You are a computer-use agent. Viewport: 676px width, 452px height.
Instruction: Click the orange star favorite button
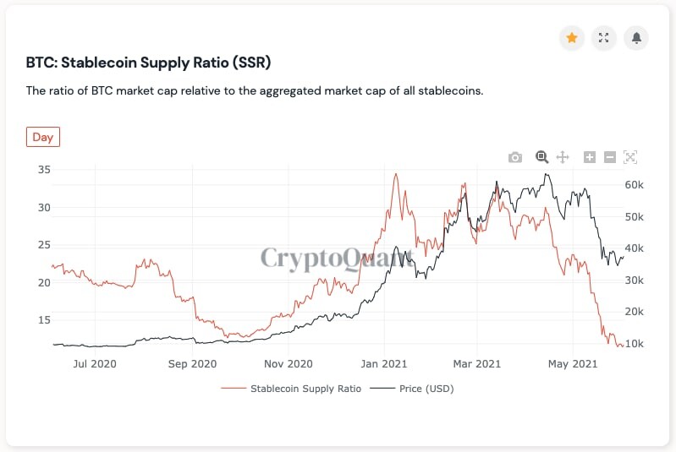[572, 38]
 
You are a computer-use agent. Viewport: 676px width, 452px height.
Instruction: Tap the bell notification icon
[636, 38]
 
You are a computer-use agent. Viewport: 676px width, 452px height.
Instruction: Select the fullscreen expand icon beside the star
[603, 38]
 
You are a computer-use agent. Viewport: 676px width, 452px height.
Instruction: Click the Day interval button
[43, 137]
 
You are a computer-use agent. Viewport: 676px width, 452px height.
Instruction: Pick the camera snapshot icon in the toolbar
[515, 157]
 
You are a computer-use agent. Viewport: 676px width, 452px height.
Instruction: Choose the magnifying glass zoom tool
[542, 157]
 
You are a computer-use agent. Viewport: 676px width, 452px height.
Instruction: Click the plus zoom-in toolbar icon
[590, 157]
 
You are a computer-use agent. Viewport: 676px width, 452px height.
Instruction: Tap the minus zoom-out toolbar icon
[610, 157]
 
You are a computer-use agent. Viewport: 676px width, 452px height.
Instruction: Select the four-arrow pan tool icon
[563, 157]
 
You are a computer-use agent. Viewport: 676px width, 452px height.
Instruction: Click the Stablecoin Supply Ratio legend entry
[291, 389]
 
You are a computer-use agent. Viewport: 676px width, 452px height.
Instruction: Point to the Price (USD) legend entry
[412, 389]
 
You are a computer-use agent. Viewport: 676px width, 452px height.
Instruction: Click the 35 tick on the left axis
[44, 170]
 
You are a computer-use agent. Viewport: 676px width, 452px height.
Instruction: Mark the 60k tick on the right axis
[635, 185]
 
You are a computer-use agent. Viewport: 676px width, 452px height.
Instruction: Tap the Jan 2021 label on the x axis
[384, 364]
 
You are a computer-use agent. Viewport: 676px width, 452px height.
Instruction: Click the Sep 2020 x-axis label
[192, 364]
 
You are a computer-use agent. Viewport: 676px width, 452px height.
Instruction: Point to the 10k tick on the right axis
[635, 344]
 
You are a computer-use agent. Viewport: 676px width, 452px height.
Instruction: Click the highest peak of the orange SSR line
[396, 174]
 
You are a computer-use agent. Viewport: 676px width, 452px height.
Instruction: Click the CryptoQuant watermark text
[337, 259]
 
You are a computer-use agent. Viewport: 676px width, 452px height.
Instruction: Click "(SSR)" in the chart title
[252, 63]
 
